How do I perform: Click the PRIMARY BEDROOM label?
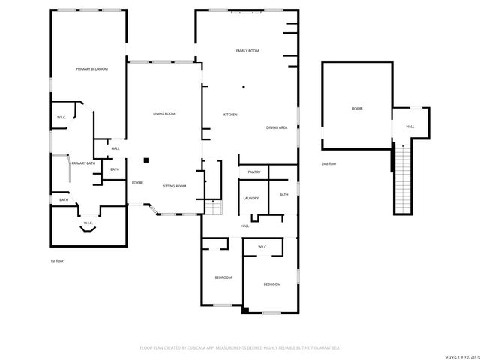click(92, 69)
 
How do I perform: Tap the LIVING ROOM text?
click(164, 114)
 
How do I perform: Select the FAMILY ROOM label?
click(247, 51)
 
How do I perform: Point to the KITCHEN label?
click(230, 115)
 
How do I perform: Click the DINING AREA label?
click(277, 128)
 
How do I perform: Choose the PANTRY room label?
click(253, 172)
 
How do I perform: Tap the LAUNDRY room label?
click(251, 198)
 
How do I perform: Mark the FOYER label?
click(137, 183)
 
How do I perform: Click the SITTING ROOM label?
click(175, 186)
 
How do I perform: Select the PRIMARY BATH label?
click(83, 163)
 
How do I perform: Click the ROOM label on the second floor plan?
click(357, 109)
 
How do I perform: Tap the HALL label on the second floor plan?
click(410, 127)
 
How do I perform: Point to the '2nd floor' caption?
click(329, 163)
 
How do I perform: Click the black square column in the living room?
click(147, 160)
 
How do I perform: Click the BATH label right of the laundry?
click(283, 195)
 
